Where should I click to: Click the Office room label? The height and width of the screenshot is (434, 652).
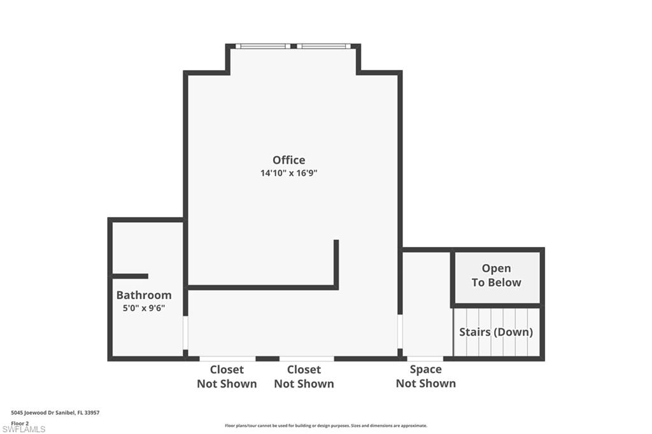tap(288, 160)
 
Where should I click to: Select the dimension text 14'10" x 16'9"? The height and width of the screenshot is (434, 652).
tap(288, 173)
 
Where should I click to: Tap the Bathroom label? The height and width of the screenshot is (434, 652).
tap(144, 295)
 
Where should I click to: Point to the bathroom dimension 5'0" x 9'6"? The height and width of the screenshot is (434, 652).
tap(144, 308)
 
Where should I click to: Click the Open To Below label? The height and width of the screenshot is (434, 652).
tap(496, 276)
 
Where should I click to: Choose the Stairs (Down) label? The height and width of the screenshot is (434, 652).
tap(496, 332)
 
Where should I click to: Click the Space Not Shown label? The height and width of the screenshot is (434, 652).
tap(425, 376)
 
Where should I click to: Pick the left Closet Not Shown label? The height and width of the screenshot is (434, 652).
tap(227, 377)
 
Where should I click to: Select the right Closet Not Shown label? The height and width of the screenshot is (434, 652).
tap(304, 377)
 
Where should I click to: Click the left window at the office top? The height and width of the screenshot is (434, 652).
tap(263, 46)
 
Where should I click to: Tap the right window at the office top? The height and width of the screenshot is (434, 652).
tap(323, 46)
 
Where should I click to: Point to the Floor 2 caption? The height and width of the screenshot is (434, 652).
tap(20, 423)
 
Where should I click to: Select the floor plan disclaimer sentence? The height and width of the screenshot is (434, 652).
tap(325, 426)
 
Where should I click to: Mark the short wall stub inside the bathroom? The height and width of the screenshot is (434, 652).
tap(130, 276)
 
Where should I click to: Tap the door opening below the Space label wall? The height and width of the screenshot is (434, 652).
tap(425, 358)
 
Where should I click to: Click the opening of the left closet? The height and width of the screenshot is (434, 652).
tap(227, 358)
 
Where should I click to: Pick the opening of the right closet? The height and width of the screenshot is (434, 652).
tap(306, 358)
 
